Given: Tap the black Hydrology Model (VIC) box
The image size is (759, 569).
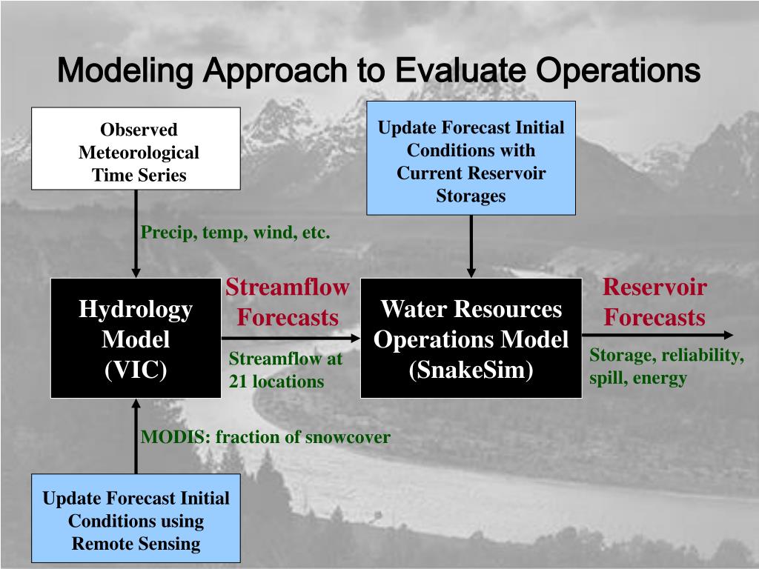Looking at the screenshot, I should pyautogui.click(x=136, y=338).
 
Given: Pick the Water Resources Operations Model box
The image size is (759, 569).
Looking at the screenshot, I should pyautogui.click(x=471, y=338).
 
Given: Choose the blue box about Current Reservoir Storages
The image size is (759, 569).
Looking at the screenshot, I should pyautogui.click(x=471, y=158).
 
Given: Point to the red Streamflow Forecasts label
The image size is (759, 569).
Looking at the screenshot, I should pyautogui.click(x=288, y=302).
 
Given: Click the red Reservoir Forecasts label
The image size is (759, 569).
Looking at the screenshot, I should pyautogui.click(x=654, y=302).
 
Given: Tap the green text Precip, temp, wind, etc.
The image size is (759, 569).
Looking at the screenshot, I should pyautogui.click(x=235, y=233).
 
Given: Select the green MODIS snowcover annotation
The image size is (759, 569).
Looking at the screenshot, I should pyautogui.click(x=265, y=437).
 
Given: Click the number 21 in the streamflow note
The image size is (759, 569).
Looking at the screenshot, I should pyautogui.click(x=237, y=382).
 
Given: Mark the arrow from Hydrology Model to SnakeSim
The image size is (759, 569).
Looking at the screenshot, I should pyautogui.click(x=291, y=337).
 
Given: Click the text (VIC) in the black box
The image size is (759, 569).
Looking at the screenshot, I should pyautogui.click(x=136, y=370).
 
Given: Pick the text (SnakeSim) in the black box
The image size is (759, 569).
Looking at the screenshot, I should pyautogui.click(x=471, y=370).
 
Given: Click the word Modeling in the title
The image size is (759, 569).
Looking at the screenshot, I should pyautogui.click(x=126, y=71).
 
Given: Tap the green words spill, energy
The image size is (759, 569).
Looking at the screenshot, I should pyautogui.click(x=638, y=378).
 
